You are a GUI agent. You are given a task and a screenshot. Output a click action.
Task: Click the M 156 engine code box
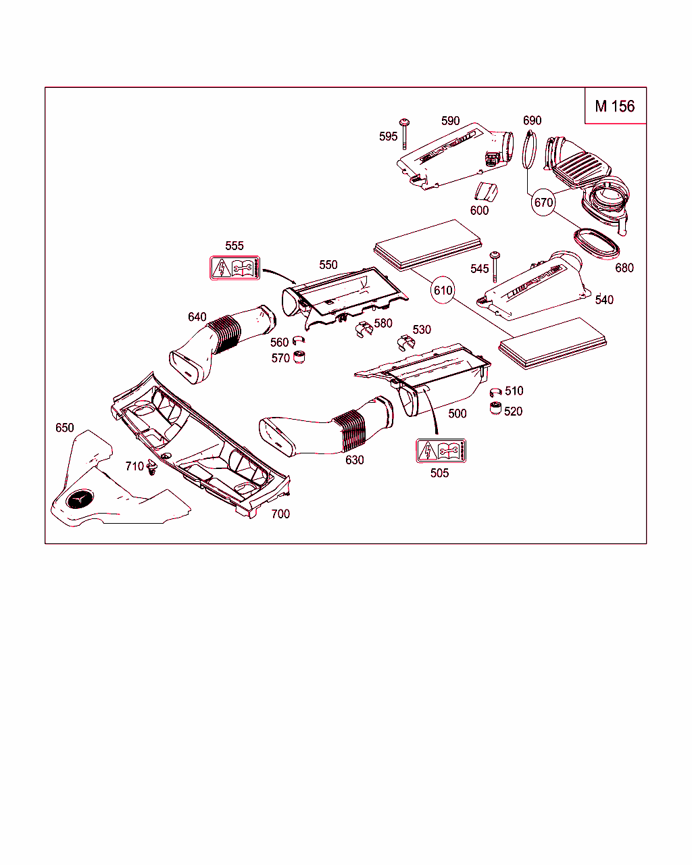[x=615, y=106]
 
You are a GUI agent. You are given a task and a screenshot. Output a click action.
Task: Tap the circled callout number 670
[x=543, y=202]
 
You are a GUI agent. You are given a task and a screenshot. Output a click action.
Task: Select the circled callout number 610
[x=443, y=291]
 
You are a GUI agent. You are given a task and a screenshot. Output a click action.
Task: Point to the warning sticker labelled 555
[x=234, y=268]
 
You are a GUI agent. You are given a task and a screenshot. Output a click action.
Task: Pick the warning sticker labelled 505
[x=441, y=451]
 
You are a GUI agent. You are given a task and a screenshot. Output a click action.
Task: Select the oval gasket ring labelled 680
[x=597, y=243]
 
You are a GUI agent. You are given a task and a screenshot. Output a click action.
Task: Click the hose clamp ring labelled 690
[x=530, y=149]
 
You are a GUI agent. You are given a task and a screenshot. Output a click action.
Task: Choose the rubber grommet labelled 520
[x=495, y=408]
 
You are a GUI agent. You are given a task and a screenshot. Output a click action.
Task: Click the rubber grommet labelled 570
[x=299, y=356]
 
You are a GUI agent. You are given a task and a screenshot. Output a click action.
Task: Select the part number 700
[x=280, y=514]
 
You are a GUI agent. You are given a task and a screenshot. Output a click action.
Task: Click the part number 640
[x=197, y=317]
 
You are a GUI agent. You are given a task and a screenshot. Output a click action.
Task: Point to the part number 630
[x=354, y=460]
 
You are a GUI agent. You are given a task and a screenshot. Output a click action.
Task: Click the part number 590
[x=450, y=121]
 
